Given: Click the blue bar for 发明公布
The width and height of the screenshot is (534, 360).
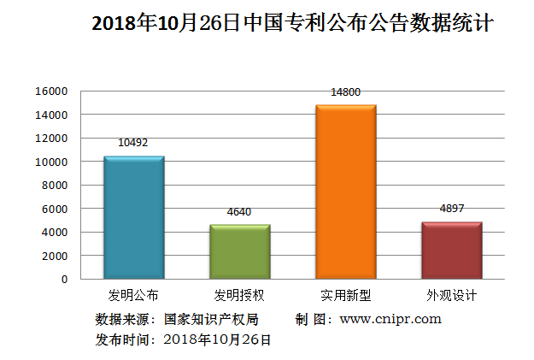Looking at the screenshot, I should click(x=133, y=217).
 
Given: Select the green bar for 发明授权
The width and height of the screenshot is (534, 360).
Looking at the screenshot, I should click(x=239, y=251).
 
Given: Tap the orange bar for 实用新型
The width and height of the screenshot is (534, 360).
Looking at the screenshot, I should click(x=345, y=192).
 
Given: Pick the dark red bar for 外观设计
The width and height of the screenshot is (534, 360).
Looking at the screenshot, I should click(x=451, y=250).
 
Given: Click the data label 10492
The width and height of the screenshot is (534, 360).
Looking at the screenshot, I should click(x=132, y=143).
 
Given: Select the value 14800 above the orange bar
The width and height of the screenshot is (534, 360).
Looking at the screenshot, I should click(x=345, y=91).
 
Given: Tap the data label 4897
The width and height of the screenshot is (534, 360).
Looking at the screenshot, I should click(x=451, y=209).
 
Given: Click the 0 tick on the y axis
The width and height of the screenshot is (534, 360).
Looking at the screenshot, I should click(x=63, y=279).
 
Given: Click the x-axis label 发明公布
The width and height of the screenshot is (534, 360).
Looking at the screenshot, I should click(x=132, y=296).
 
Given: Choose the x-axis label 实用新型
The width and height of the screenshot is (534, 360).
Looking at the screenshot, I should click(x=345, y=296).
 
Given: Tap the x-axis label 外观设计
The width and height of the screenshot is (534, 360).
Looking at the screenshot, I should click(x=451, y=296).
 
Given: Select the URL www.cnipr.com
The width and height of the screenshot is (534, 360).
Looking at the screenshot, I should click(x=390, y=319).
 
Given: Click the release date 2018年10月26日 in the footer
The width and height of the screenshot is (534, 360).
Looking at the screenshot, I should click(x=217, y=339).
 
